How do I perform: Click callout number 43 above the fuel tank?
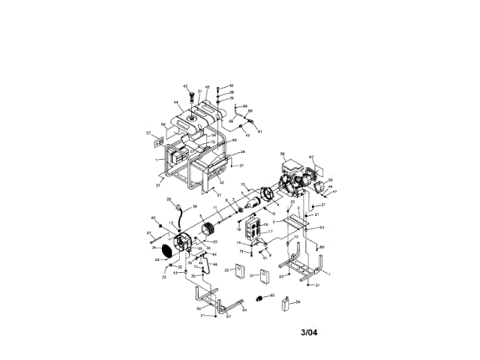pyautogui.click(x=185, y=87)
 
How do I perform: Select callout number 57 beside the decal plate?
pyautogui.click(x=148, y=133)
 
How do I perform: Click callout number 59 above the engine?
pyautogui.click(x=283, y=154)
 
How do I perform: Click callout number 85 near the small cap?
pyautogui.click(x=272, y=295)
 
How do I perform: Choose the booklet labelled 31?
pyautogui.click(x=264, y=275)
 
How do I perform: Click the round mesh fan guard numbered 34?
pyautogui.click(x=167, y=250)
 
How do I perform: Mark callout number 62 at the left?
pyautogui.click(x=153, y=218)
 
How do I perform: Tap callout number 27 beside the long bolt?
pyautogui.click(x=148, y=234)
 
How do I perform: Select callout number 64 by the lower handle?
pyautogui.click(x=244, y=310)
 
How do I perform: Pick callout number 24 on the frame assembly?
pyautogui.click(x=243, y=152)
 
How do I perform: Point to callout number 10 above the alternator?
pyautogui.click(x=243, y=184)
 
